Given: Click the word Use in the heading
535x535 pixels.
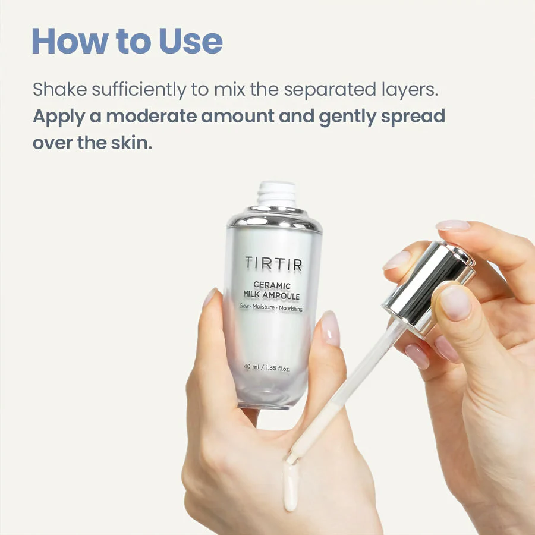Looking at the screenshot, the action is [x=191, y=41].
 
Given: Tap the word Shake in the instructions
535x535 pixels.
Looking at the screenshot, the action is [x=59, y=89].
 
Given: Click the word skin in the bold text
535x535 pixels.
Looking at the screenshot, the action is [x=131, y=143].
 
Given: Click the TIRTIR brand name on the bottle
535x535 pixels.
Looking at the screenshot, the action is [x=273, y=264].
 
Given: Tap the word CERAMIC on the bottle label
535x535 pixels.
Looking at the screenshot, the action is [x=272, y=285].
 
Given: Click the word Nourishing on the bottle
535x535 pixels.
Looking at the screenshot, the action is [x=291, y=309].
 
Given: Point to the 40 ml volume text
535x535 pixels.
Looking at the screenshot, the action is [x=252, y=367].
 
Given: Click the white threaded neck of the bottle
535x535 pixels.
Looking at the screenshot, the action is [x=276, y=194].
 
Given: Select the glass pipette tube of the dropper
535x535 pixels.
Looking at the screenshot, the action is [x=345, y=392].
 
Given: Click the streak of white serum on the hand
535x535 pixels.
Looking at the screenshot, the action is [x=291, y=485].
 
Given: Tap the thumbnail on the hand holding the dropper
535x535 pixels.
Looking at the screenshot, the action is [x=455, y=303].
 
